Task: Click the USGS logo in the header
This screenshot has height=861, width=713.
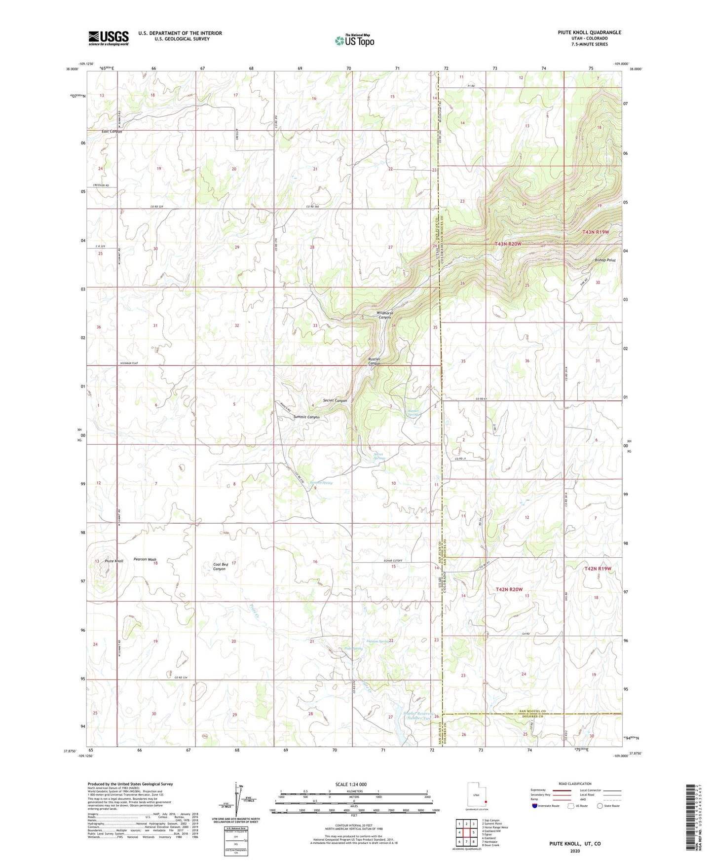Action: (108, 38)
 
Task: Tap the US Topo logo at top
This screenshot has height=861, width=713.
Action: (354, 40)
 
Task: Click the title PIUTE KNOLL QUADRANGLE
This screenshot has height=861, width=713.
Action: (589, 33)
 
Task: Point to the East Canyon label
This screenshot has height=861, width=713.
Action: (112, 132)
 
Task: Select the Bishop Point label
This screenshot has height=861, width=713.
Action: (605, 260)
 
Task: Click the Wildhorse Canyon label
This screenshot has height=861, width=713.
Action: (384, 315)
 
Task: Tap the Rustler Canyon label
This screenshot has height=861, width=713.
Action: (375, 361)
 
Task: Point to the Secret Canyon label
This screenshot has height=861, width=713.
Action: (335, 401)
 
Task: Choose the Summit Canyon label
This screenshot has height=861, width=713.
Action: (306, 417)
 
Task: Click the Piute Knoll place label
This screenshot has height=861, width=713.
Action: (114, 561)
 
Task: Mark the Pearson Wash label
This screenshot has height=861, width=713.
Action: (145, 560)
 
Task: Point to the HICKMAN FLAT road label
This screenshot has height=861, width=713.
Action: (129, 363)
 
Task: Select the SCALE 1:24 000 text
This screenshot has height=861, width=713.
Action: (351, 784)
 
